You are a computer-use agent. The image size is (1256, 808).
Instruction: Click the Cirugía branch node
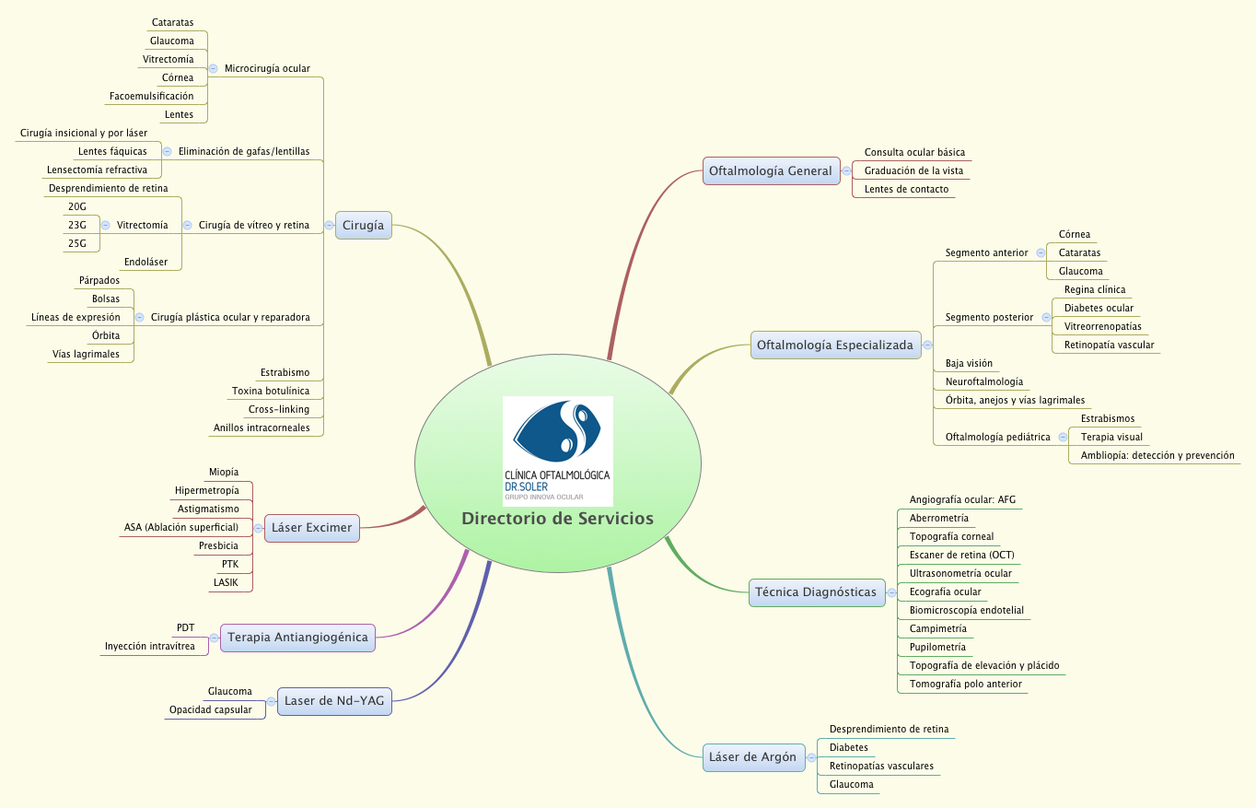pyautogui.click(x=363, y=226)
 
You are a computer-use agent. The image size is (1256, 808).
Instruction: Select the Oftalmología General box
pyautogui.click(x=770, y=170)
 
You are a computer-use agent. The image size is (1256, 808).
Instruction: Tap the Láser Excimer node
pyautogui.click(x=311, y=528)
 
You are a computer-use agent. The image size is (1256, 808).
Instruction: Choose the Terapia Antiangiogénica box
pyautogui.click(x=297, y=637)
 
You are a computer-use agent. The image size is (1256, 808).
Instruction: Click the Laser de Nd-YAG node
pyautogui.click(x=334, y=701)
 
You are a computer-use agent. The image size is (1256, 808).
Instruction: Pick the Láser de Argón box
pyautogui.click(x=751, y=757)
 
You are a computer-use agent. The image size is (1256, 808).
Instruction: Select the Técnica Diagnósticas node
pyautogui.click(x=816, y=592)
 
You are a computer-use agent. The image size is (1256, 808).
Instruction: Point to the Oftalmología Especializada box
pyautogui.click(x=834, y=345)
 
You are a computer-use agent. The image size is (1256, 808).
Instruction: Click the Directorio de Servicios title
pyautogui.click(x=557, y=518)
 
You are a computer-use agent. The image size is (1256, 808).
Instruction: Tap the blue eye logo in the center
pyautogui.click(x=558, y=431)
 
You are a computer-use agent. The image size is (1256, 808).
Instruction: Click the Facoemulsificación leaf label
pyautogui.click(x=151, y=96)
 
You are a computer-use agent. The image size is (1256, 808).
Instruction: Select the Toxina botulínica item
pyautogui.click(x=271, y=392)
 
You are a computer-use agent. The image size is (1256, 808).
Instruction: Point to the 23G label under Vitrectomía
pyautogui.click(x=77, y=225)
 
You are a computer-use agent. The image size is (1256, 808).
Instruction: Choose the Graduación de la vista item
pyautogui.click(x=913, y=170)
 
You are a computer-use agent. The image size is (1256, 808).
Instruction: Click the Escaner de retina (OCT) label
pyautogui.click(x=961, y=555)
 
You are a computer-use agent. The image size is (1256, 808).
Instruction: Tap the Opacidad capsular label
pyautogui.click(x=210, y=709)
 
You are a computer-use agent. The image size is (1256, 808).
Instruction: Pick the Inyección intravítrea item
pyautogui.click(x=149, y=646)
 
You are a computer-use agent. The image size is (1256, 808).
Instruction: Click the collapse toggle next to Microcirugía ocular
pyautogui.click(x=213, y=68)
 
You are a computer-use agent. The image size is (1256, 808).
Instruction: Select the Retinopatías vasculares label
pyautogui.click(x=880, y=766)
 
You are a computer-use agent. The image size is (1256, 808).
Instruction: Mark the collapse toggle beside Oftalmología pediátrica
pyautogui.click(x=1063, y=437)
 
